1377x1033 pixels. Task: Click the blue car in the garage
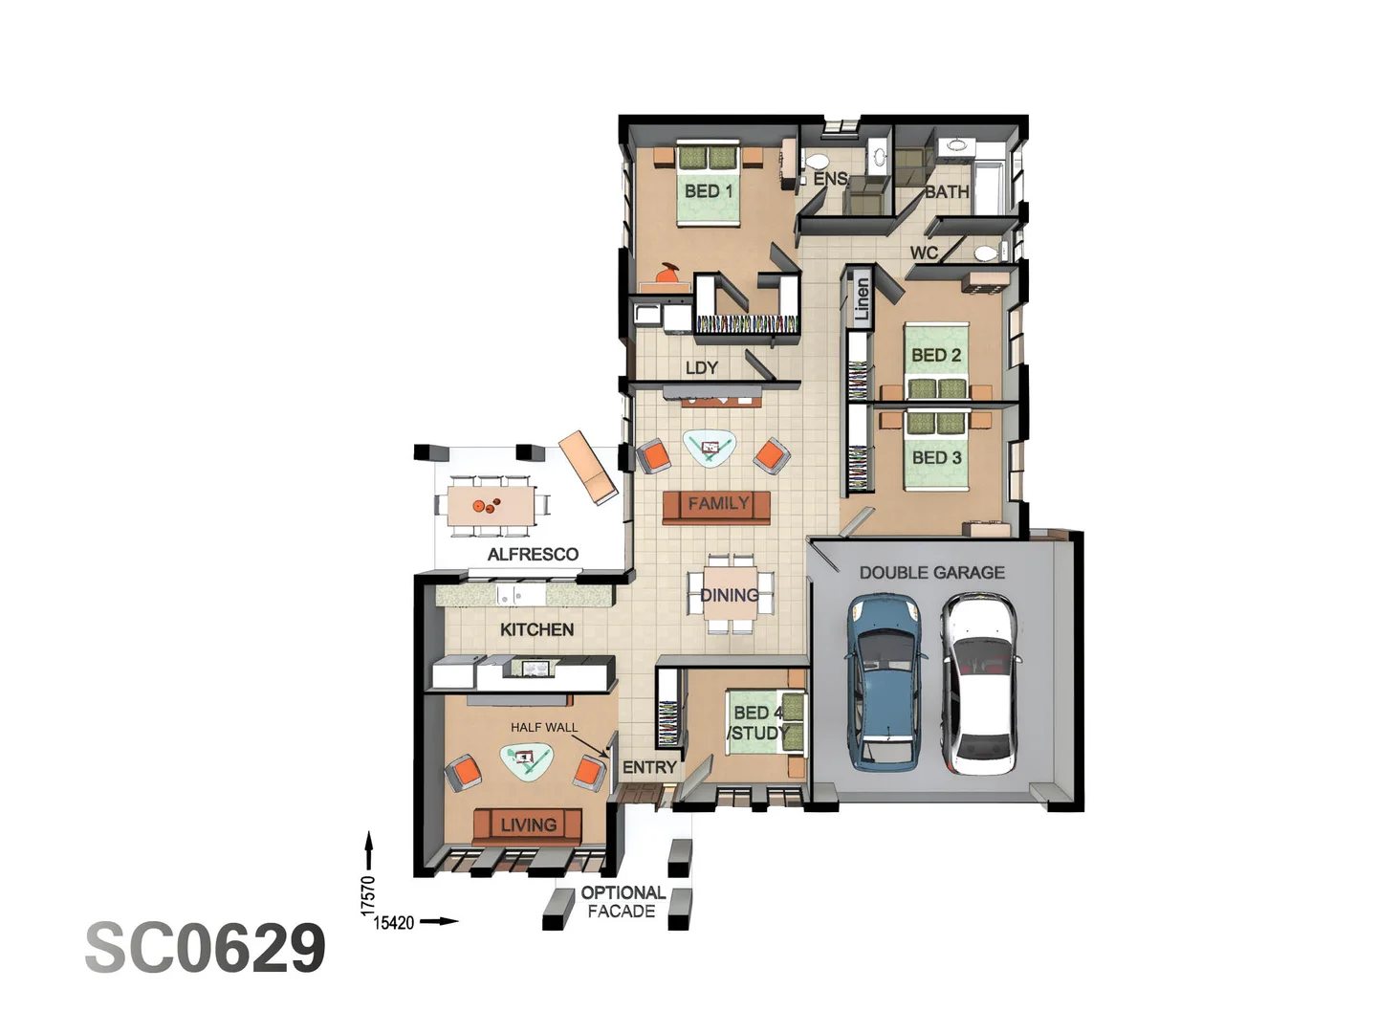tap(885, 681)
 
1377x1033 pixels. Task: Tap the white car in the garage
tap(980, 683)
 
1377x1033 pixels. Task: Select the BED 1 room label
tap(709, 191)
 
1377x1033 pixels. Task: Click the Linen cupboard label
tap(862, 297)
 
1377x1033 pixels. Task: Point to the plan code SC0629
tap(206, 948)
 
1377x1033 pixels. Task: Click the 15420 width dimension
tap(394, 923)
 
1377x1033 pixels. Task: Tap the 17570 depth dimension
tap(368, 895)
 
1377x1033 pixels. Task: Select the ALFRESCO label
tap(533, 555)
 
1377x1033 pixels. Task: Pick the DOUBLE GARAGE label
tap(931, 573)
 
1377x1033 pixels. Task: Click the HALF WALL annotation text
tap(544, 728)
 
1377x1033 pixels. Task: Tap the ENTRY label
tap(649, 767)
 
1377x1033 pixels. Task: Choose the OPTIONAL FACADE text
tap(623, 902)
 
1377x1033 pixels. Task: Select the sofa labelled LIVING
tap(528, 824)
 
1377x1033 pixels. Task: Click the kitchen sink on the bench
tap(509, 596)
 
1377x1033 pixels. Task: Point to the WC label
tap(924, 253)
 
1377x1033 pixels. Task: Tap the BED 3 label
tap(936, 458)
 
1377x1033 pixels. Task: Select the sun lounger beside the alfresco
tap(588, 467)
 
